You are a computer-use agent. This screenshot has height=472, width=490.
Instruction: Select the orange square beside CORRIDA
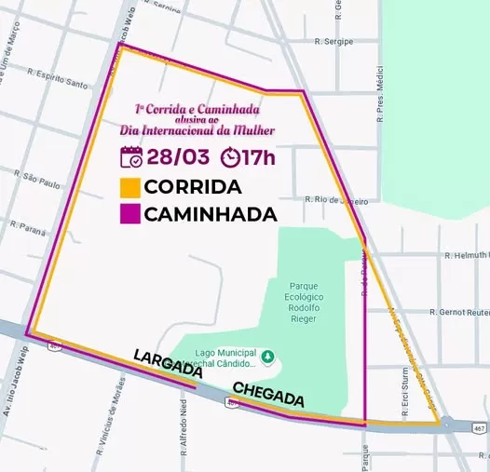click(130, 186)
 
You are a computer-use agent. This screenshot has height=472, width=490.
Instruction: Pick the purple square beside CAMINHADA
click(130, 214)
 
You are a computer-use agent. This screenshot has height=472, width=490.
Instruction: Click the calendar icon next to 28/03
click(131, 155)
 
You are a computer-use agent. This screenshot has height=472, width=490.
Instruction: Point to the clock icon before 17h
click(229, 155)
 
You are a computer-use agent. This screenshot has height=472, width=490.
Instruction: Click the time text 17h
click(258, 155)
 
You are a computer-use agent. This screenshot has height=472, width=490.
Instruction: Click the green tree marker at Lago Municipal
click(268, 355)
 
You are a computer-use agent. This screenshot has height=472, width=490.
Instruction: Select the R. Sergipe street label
click(334, 43)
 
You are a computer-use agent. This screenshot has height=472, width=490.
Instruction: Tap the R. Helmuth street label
click(467, 255)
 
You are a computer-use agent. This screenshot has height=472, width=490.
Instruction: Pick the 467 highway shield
click(479, 428)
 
